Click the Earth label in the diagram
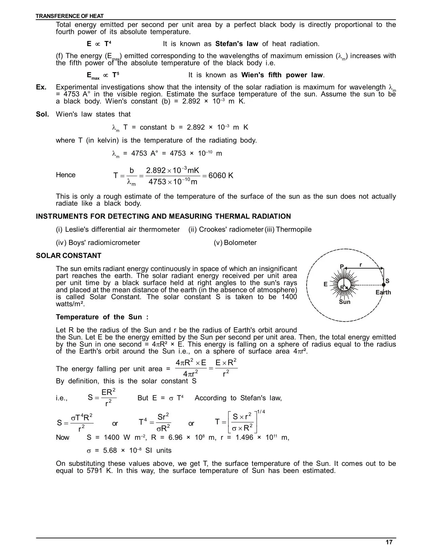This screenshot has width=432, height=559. [383, 292]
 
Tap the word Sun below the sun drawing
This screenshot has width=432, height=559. [345, 302]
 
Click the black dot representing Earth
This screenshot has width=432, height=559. [384, 285]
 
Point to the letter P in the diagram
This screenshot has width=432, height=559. [342, 267]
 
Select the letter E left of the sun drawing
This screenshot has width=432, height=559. [326, 284]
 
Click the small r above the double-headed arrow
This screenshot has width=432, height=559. [361, 264]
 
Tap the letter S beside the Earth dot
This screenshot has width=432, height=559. [387, 281]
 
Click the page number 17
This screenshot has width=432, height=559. [389, 542]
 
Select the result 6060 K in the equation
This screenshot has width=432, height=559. [221, 175]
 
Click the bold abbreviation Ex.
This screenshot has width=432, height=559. [41, 87]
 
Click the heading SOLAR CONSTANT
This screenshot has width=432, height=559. [68, 255]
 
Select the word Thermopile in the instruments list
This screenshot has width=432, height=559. [294, 229]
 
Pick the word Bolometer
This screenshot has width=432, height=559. [240, 243]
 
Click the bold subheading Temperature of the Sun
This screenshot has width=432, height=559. [102, 317]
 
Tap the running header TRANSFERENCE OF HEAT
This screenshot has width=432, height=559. [70, 16]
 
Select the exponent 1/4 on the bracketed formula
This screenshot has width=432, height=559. [261, 412]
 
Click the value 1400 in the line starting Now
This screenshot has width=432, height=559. [111, 437]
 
